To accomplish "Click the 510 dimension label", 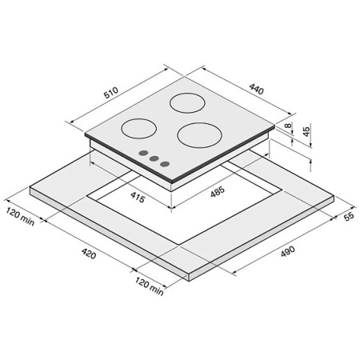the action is pyautogui.click(x=111, y=92).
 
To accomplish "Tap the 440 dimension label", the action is pyautogui.click(x=257, y=89).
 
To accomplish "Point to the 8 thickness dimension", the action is pyautogui.click(x=288, y=126).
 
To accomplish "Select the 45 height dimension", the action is pyautogui.click(x=306, y=131).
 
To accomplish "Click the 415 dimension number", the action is pyautogui.click(x=138, y=197).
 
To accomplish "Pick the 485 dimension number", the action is pyautogui.click(x=218, y=191).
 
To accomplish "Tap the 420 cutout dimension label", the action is pyautogui.click(x=89, y=254).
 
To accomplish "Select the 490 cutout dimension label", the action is pyautogui.click(x=288, y=251).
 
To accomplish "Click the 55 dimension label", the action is pyautogui.click(x=349, y=216).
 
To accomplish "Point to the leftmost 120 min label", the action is pyautogui.click(x=20, y=217).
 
